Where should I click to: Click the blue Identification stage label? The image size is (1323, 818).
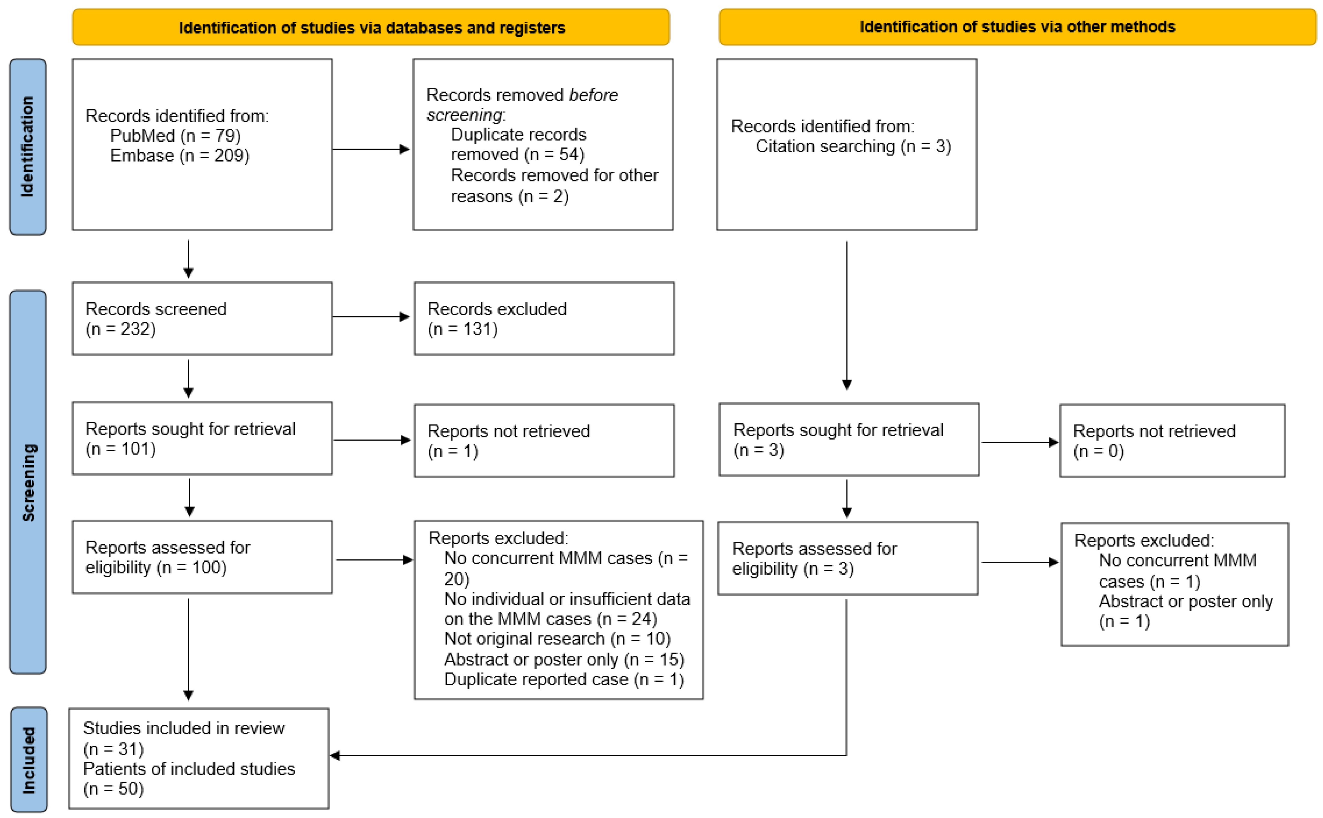click(x=28, y=147)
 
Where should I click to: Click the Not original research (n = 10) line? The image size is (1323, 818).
click(x=557, y=639)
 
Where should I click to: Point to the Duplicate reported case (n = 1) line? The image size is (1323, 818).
click(x=564, y=680)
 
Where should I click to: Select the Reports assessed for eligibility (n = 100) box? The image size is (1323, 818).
click(x=202, y=557)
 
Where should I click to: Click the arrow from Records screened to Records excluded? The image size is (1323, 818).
click(x=371, y=316)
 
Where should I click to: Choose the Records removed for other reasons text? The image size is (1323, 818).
click(x=554, y=186)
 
